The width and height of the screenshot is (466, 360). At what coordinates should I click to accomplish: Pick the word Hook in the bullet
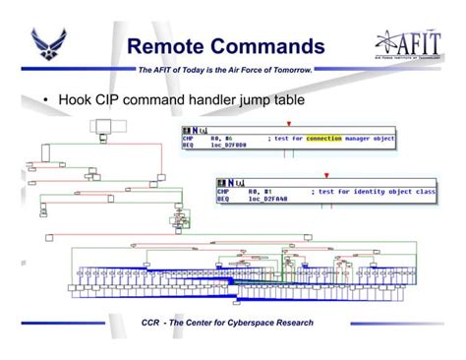click(77, 100)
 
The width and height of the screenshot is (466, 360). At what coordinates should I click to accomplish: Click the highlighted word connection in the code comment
click(324, 139)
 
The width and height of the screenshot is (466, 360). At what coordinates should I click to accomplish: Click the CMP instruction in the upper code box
click(189, 139)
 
